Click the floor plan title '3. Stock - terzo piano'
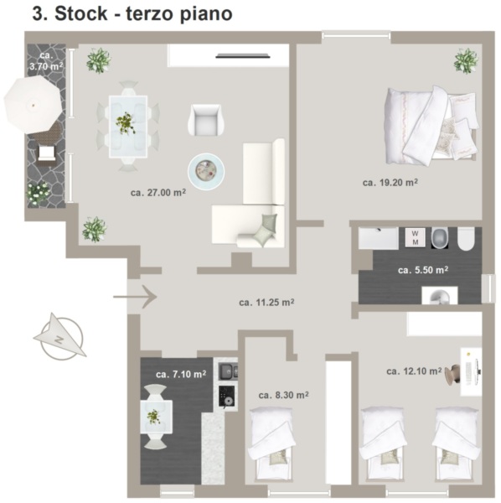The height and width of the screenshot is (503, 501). point(132,13)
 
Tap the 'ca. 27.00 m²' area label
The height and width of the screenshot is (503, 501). point(158,193)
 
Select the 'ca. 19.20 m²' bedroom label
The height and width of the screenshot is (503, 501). point(390,182)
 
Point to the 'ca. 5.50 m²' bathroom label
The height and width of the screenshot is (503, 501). point(423,270)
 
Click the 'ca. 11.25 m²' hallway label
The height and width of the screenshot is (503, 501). point(266,302)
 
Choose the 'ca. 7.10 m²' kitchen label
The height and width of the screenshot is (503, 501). point(181,374)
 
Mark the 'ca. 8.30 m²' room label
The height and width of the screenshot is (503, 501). point(283,395)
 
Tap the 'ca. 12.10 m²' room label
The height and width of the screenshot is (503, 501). point(414,371)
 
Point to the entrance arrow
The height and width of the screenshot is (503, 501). point(135,297)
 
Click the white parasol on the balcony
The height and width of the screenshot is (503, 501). point(33,106)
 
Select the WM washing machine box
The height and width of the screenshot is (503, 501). point(415,237)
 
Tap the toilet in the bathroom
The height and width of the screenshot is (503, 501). point(466,239)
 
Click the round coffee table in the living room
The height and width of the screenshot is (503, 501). point(206,171)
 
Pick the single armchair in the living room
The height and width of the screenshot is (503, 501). point(204,120)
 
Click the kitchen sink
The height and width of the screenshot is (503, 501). point(228,371)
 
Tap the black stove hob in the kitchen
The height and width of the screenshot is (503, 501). point(226,397)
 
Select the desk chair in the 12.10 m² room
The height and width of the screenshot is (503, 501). point(452,375)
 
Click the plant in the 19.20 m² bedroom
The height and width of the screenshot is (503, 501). point(466,61)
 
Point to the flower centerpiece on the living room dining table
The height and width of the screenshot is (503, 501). point(126,122)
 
